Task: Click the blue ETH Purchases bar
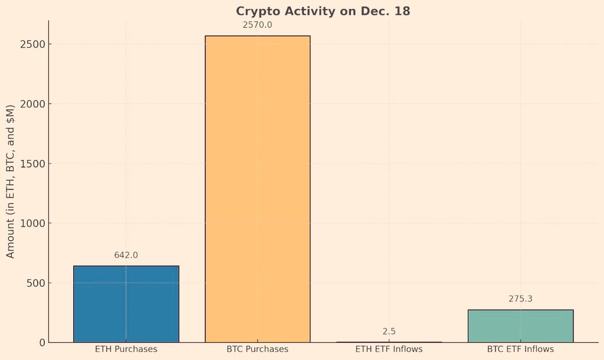[x=126, y=304]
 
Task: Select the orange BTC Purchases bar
[x=258, y=189]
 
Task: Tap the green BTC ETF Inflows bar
[x=521, y=326]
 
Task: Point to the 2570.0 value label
[x=257, y=25]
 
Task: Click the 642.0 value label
[x=126, y=255]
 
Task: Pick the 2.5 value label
[x=389, y=332]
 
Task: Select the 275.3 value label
[x=520, y=299]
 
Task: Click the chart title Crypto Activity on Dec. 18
[x=323, y=11]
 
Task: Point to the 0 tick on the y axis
[x=42, y=343]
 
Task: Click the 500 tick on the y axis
[x=36, y=283]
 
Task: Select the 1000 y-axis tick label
[x=33, y=223]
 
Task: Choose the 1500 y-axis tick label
[x=33, y=163]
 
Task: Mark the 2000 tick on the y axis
[x=33, y=104]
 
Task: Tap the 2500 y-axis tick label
[x=33, y=44]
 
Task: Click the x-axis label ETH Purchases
[x=126, y=349]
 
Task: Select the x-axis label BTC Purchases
[x=257, y=349]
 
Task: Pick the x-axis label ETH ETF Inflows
[x=389, y=349]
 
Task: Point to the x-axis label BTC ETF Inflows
[x=520, y=349]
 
